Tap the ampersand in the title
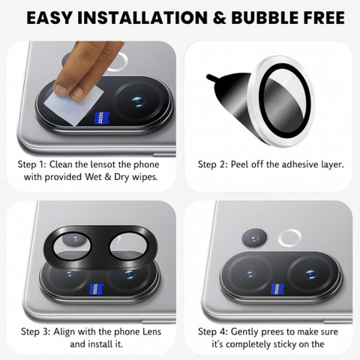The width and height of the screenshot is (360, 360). pyautogui.click(x=219, y=18)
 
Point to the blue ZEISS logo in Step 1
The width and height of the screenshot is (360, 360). pyautogui.click(x=103, y=118)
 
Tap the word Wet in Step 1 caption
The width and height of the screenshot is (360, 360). pyautogui.click(x=93, y=177)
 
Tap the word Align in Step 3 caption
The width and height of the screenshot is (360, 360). pyautogui.click(x=64, y=331)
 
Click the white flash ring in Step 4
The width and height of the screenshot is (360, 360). pyautogui.click(x=289, y=238)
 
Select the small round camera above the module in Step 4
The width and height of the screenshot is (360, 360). pyautogui.click(x=254, y=238)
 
